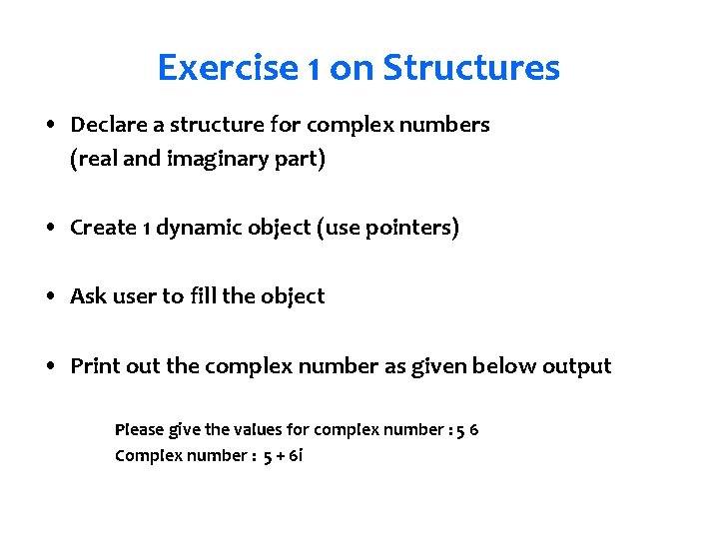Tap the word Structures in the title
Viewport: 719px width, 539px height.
(x=471, y=69)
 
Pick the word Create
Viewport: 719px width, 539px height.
(x=103, y=228)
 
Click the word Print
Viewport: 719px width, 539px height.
(x=94, y=366)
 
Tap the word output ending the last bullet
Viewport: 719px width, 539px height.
(x=576, y=366)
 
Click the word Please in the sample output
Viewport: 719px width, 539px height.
(x=139, y=430)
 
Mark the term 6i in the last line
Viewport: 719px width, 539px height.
(x=296, y=456)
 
